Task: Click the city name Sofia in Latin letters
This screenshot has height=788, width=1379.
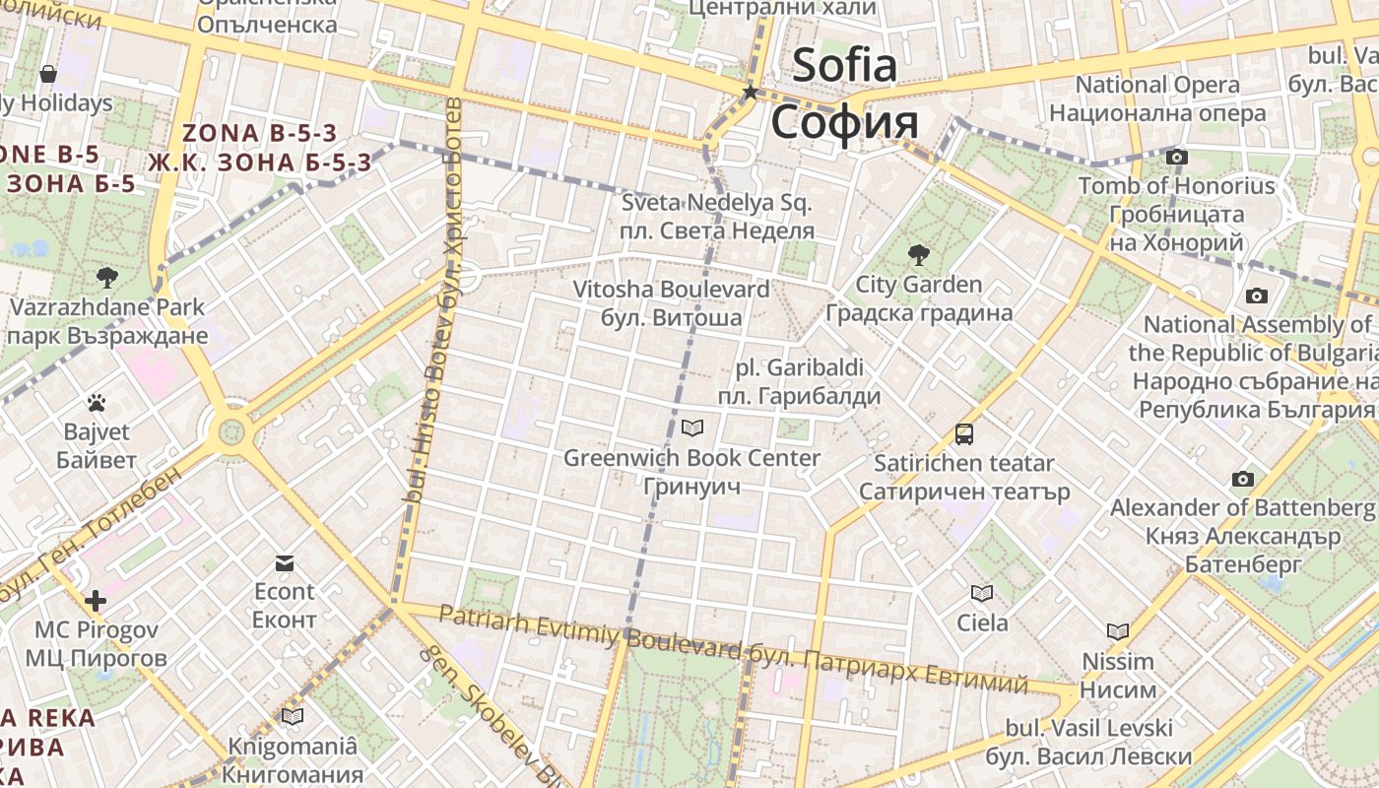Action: coord(844,66)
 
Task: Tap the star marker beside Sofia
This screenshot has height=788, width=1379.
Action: coord(751,93)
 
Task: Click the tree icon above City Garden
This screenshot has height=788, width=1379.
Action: coord(918,255)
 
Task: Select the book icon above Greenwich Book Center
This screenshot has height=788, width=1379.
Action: coord(691,428)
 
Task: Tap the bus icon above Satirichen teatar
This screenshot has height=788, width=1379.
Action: coord(963,433)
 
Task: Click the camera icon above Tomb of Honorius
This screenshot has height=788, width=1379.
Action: coord(1176,157)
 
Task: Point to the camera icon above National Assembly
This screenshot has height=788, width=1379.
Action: coord(1256,295)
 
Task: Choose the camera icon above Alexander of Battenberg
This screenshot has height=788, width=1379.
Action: coord(1243,479)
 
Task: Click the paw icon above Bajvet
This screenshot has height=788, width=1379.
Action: coord(97,403)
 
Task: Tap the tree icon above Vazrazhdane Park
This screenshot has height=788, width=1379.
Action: coord(107,278)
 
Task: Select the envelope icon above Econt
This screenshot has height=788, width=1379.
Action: coord(285,563)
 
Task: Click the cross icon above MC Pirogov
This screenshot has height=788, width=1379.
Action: coord(96,600)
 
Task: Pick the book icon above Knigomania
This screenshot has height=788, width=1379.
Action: coord(292,716)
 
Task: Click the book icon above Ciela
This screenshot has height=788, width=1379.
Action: coord(981,593)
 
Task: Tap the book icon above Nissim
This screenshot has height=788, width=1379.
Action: coord(1117,631)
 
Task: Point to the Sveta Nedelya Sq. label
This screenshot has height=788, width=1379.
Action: coord(717,204)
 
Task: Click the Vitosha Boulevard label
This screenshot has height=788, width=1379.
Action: coord(671,290)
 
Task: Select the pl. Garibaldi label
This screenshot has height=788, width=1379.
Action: coord(799,368)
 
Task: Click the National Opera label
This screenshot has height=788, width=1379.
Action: coord(1156,85)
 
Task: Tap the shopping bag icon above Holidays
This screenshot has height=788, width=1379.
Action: coord(47,74)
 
